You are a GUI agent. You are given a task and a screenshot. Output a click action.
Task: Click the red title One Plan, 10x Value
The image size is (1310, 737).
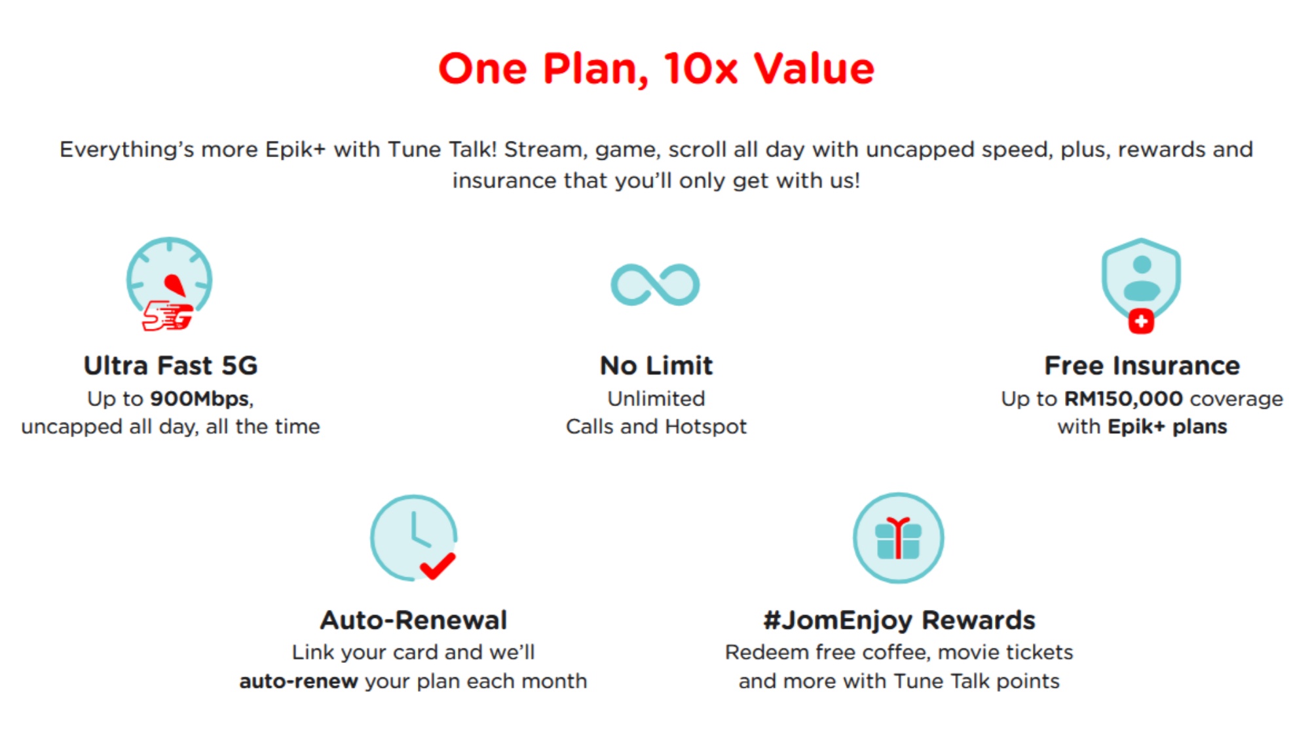[x=656, y=69]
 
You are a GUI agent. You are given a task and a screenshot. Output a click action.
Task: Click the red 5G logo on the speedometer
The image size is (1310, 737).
[x=168, y=316]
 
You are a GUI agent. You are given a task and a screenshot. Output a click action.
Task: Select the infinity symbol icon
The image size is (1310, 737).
[x=655, y=284]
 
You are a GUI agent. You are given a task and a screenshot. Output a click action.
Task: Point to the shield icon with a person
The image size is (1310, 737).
[x=1141, y=278]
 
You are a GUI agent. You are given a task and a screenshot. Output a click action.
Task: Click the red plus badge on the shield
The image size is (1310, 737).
[x=1141, y=321]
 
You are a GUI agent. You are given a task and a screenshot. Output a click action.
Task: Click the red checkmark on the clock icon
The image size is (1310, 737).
[x=438, y=565]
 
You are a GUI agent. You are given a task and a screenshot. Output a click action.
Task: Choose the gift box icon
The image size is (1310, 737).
[x=899, y=538]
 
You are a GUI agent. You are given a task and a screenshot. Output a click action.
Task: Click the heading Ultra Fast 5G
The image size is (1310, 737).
[x=170, y=366]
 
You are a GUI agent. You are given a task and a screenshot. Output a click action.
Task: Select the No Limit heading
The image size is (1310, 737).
[x=656, y=366]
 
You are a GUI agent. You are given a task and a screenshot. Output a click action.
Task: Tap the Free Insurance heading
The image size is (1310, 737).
[x=1142, y=366]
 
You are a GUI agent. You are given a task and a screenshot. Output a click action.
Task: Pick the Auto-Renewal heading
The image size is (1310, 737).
[x=413, y=620]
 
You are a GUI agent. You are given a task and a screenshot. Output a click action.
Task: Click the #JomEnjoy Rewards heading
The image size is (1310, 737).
[x=899, y=620]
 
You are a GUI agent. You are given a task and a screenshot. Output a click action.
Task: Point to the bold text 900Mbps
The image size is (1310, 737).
[x=200, y=399]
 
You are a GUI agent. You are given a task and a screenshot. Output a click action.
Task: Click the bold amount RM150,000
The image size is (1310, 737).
[x=1123, y=399]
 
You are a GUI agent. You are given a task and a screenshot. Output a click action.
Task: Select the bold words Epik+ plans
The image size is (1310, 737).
[x=1167, y=427]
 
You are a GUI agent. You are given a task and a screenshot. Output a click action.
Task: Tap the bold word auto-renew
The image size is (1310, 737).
[x=299, y=681]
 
